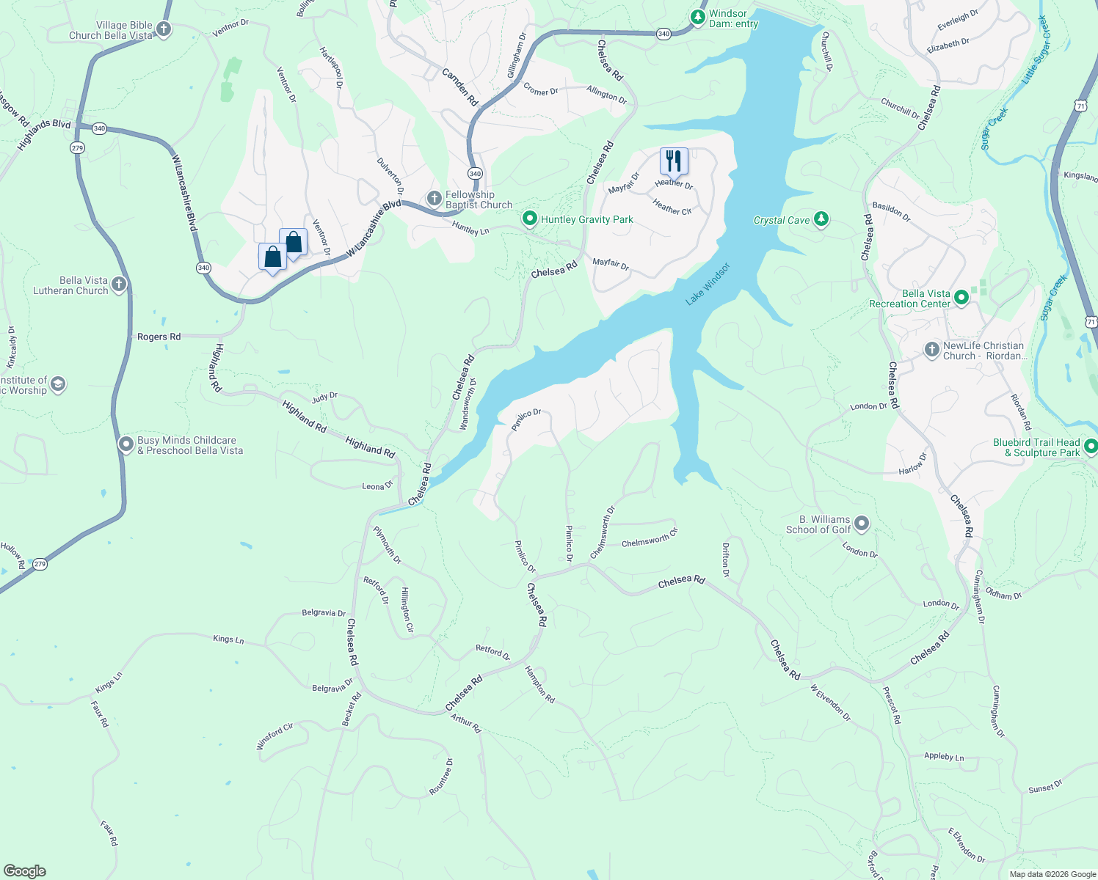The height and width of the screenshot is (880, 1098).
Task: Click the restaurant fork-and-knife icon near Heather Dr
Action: point(673,161)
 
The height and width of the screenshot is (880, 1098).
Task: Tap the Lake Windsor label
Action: point(708,284)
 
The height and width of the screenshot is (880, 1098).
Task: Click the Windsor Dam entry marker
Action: point(698,16)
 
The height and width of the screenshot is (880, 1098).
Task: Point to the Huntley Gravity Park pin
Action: point(529,219)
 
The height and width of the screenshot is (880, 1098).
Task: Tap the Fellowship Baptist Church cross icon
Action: point(434,199)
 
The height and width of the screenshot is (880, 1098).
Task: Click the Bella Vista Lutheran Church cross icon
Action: point(119,284)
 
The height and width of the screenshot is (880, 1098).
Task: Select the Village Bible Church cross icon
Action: point(164,29)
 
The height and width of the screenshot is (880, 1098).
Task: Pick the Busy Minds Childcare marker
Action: point(126,444)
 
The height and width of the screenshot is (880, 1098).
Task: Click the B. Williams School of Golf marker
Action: point(862,524)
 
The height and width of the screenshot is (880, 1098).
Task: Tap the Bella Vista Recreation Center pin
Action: point(961,297)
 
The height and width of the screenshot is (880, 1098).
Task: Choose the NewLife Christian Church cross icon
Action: point(931,350)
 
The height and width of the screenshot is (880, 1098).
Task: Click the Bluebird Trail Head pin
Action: point(1091,446)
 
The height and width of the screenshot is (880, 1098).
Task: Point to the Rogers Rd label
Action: point(159,337)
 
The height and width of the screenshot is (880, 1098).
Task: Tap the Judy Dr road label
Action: point(324,397)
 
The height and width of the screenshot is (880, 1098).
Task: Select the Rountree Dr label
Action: point(442,777)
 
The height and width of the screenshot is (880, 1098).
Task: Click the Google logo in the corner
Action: point(24,871)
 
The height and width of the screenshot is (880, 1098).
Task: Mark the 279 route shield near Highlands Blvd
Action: point(77,148)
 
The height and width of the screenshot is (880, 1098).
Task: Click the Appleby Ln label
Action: point(944,756)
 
